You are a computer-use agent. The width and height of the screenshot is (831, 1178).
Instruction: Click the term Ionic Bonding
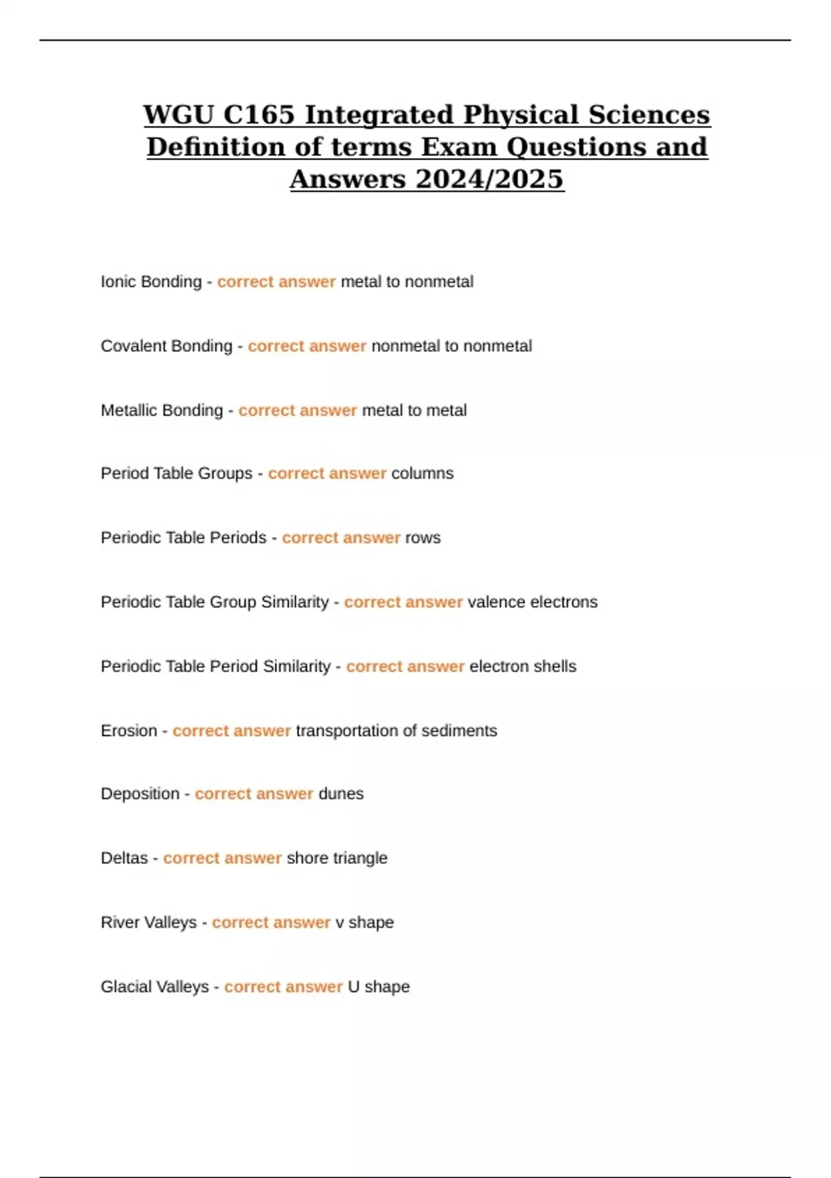(x=151, y=282)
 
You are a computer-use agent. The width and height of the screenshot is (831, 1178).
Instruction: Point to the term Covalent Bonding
(x=166, y=346)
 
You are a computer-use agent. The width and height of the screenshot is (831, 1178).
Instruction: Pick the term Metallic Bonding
(x=161, y=410)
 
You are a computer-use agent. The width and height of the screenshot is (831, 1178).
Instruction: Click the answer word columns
(x=422, y=474)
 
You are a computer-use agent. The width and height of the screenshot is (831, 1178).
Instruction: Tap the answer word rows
(x=422, y=538)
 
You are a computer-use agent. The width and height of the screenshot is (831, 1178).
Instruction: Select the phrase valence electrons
(x=533, y=602)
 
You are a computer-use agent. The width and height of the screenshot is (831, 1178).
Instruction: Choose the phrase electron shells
(x=523, y=667)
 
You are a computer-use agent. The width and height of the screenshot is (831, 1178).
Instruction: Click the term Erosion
(x=129, y=731)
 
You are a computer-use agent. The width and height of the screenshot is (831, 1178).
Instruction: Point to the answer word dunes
(x=341, y=794)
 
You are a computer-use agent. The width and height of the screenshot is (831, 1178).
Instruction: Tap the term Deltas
(x=124, y=859)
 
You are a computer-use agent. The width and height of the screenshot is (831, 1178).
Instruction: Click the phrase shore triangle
(x=337, y=859)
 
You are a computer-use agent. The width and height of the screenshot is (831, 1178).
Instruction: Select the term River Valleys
(x=148, y=923)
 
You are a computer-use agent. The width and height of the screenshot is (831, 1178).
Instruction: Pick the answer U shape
(x=378, y=987)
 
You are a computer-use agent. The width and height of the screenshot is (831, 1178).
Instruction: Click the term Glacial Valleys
(x=154, y=987)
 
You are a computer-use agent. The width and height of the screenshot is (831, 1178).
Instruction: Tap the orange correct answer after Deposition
(x=254, y=794)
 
